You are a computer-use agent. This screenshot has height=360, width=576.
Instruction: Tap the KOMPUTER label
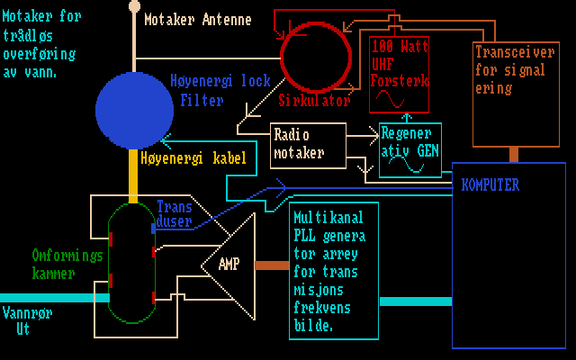pos(490,185)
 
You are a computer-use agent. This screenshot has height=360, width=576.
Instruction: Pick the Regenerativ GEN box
pos(410,149)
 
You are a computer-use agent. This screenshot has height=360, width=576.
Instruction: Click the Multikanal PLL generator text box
pos(333,271)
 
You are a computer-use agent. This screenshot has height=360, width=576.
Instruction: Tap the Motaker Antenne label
pos(197,19)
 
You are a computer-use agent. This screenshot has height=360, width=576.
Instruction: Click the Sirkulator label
pos(314,101)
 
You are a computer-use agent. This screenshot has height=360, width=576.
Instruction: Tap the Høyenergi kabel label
pos(193,158)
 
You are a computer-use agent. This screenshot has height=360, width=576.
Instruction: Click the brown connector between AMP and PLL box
pos(272,265)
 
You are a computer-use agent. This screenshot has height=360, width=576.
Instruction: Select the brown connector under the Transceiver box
pos(514,154)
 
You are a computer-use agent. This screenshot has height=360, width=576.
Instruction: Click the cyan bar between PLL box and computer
pos(415,301)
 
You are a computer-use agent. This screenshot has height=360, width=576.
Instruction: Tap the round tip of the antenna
pos(134,5)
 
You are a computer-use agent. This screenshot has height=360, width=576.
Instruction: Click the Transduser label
pos(175,212)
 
